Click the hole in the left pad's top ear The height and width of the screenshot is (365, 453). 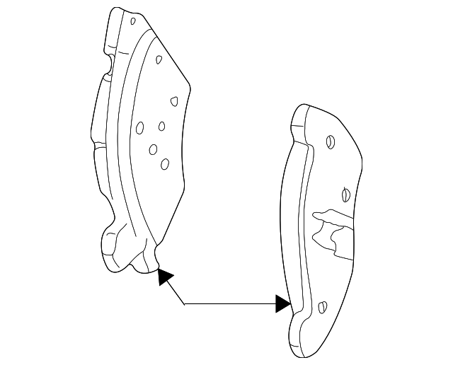132,21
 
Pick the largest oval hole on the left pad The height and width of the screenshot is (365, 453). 140,128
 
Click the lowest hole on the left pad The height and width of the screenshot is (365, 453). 164,164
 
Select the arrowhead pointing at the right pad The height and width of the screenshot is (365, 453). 283,304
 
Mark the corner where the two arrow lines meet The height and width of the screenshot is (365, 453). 185,304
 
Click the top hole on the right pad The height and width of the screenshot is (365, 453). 330,142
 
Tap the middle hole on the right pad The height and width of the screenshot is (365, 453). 345,192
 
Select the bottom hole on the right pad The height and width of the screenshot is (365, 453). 323,307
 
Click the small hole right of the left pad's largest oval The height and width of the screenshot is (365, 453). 161,126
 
